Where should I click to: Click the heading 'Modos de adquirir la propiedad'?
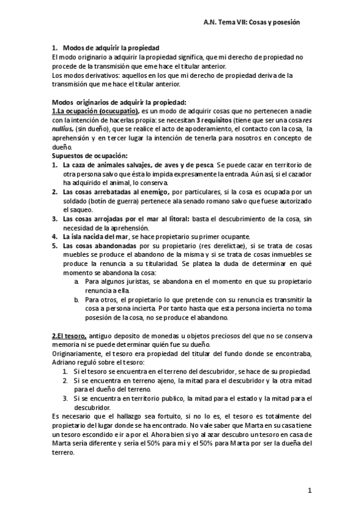coord(111,47)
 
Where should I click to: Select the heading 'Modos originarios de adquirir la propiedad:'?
coord(120,102)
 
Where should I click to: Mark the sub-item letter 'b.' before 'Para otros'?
coord(77,300)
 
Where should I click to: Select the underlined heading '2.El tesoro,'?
coord(69,336)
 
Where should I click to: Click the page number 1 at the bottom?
coord(309,490)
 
